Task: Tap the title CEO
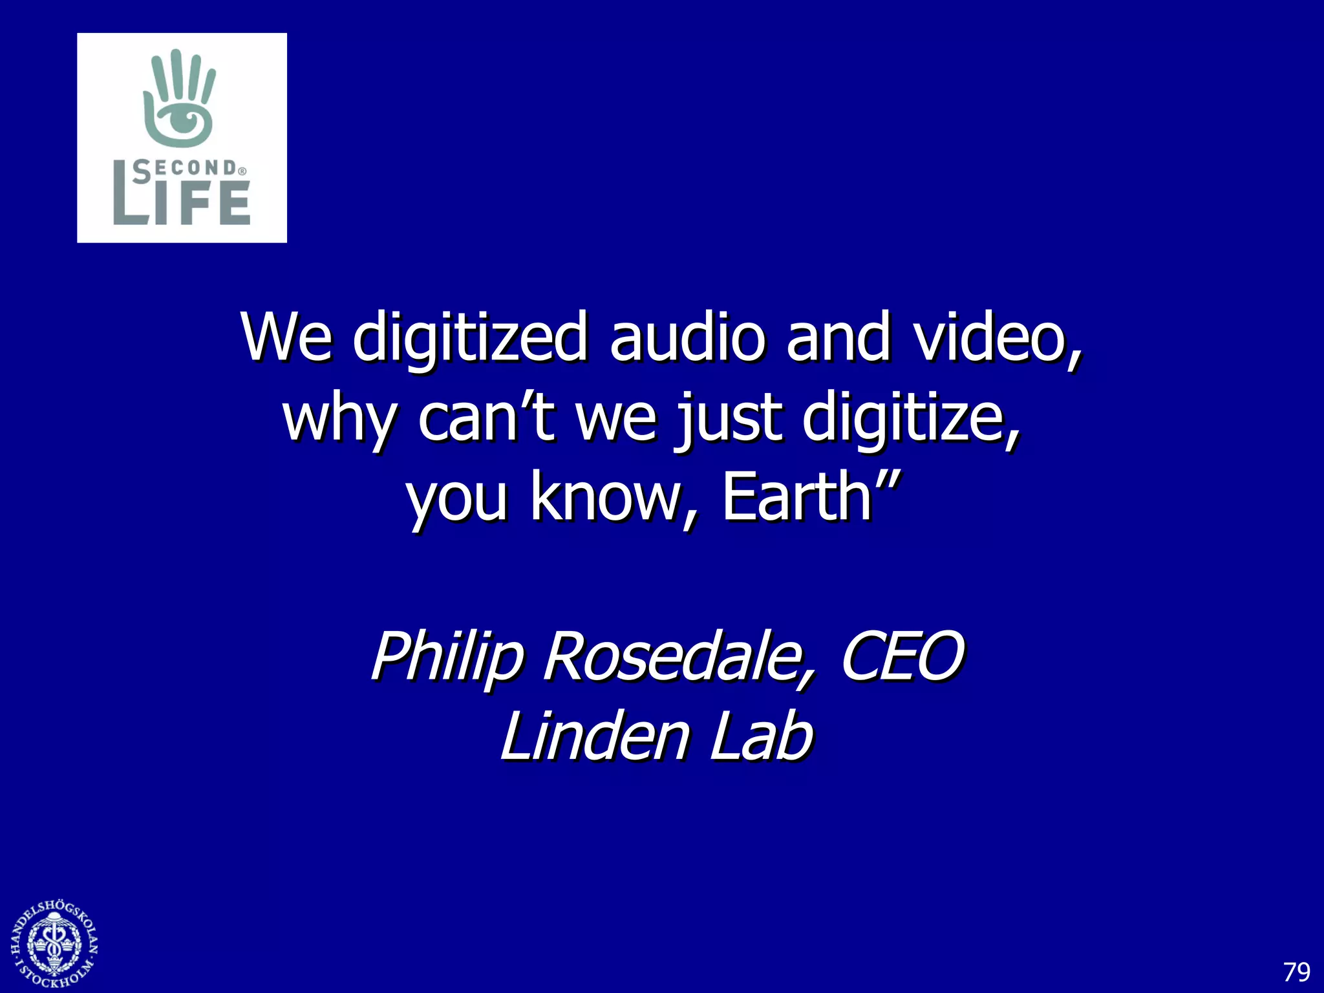[902, 656]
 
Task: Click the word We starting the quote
[286, 337]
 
